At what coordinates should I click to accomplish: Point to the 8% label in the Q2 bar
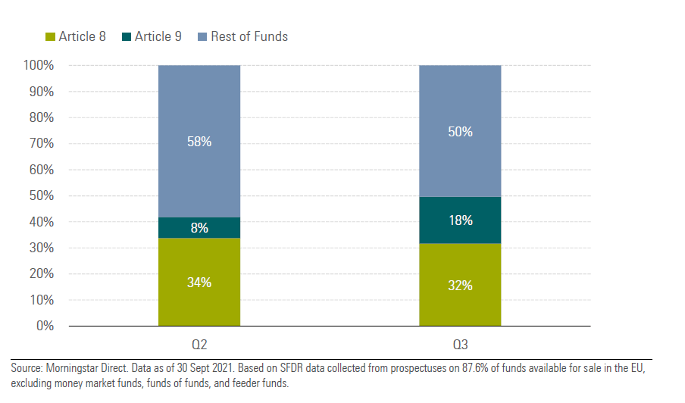click(199, 228)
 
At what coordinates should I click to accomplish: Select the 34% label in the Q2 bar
click(199, 283)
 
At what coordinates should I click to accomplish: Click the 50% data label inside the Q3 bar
click(460, 132)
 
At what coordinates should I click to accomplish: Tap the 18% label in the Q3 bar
click(460, 220)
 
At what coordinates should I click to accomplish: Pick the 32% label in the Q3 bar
click(460, 286)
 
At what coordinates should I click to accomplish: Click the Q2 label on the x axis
click(199, 345)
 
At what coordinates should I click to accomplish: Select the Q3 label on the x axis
click(460, 345)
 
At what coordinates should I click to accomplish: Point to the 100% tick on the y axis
click(38, 66)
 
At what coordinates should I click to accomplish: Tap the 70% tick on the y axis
click(41, 144)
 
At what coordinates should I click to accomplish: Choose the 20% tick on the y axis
click(41, 274)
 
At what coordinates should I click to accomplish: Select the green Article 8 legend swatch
click(52, 36)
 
